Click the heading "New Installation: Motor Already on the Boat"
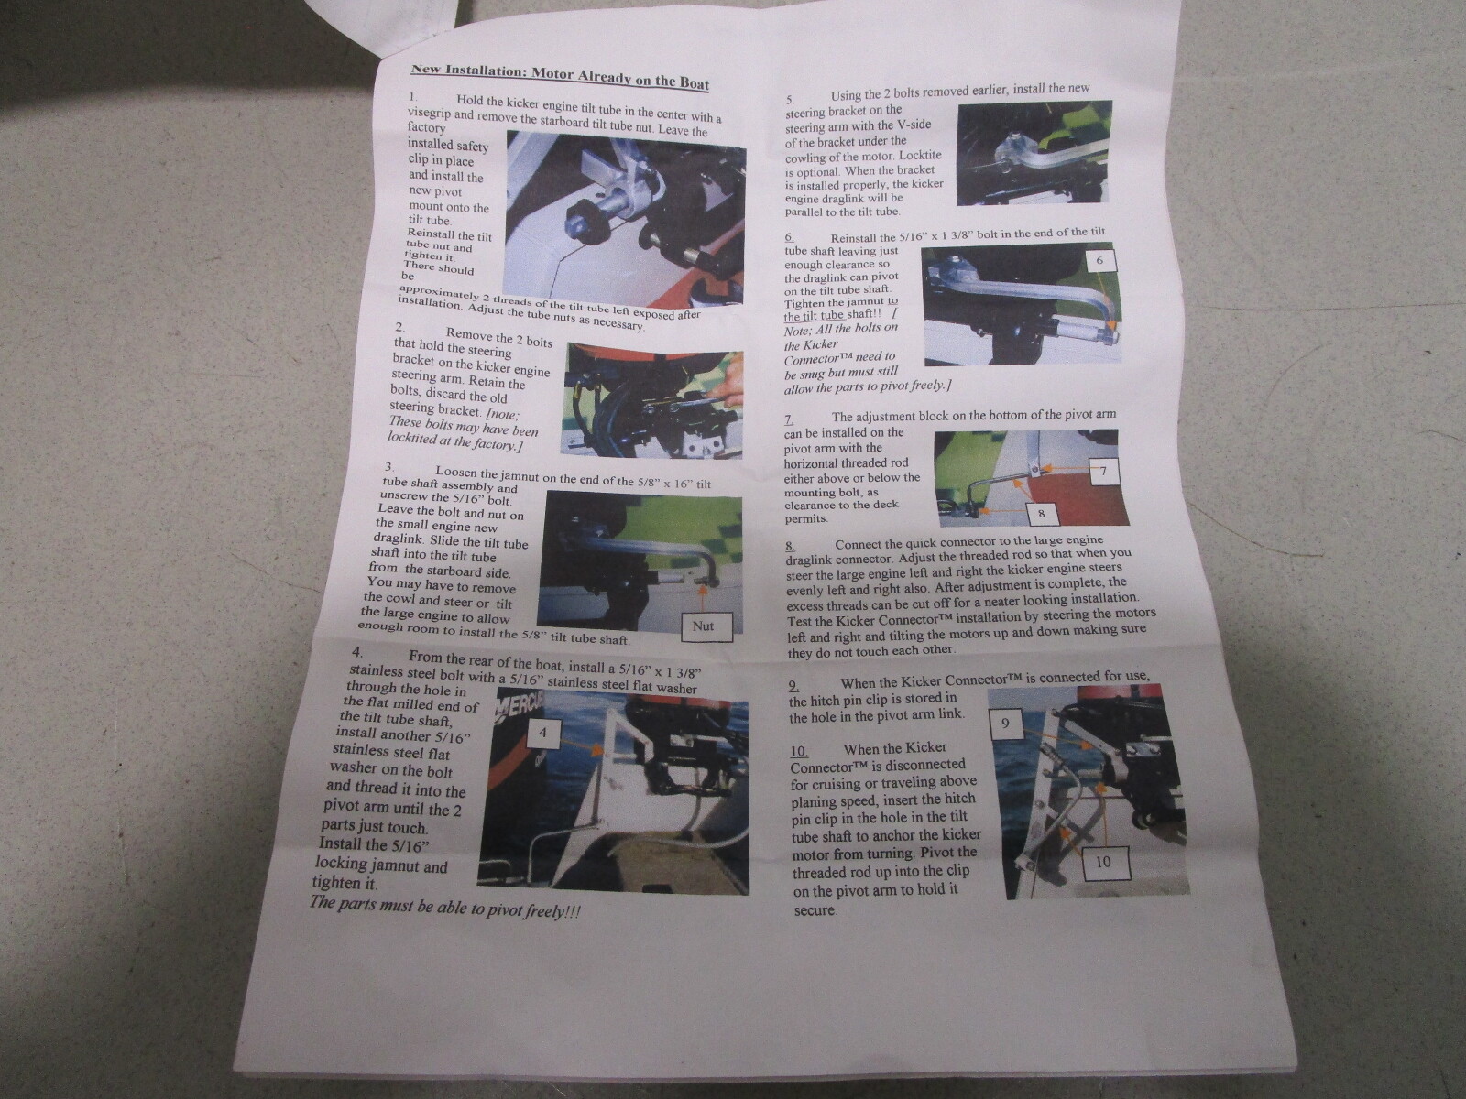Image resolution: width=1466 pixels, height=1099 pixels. (560, 77)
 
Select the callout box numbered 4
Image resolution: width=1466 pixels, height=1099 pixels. (543, 733)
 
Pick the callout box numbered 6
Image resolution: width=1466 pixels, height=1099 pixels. (1099, 260)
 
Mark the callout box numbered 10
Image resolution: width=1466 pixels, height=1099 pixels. (1102, 862)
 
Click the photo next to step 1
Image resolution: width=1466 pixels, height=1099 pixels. (625, 218)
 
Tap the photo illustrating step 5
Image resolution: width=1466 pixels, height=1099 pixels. (1034, 153)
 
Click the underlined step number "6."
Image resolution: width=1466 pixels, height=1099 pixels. (790, 237)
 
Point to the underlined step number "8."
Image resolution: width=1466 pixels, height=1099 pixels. (790, 545)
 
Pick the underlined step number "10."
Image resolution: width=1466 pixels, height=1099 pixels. (799, 751)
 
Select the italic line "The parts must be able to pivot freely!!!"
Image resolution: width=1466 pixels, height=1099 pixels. (444, 909)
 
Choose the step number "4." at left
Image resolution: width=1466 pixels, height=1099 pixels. (357, 651)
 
